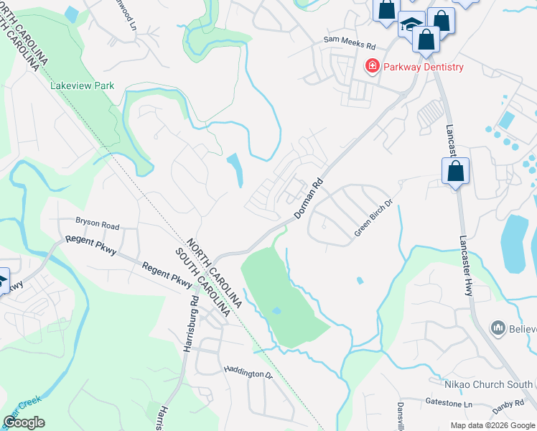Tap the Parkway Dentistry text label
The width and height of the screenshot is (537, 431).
pos(423,68)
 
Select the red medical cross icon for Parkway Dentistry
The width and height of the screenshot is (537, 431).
pos(373,67)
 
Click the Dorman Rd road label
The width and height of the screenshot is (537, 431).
pos(310,200)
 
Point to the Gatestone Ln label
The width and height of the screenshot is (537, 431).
pos(449,405)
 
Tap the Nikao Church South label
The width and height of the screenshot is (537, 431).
pos(498,385)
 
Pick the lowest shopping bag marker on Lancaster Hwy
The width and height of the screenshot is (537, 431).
pos(455,172)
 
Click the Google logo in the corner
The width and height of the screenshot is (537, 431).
pos(24,422)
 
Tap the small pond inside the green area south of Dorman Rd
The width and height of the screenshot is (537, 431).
pos(276,311)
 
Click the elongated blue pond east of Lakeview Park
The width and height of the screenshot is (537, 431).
pos(235,170)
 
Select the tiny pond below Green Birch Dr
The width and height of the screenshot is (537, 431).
pos(360,281)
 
